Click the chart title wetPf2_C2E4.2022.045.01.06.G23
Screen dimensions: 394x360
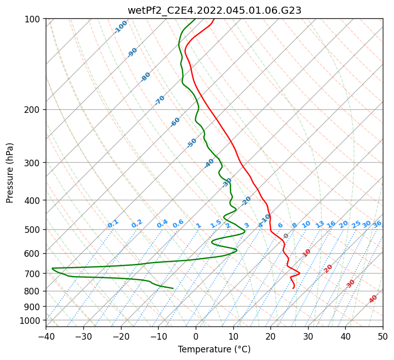(x=215, y=11)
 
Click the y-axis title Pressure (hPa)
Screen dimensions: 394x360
(x=10, y=173)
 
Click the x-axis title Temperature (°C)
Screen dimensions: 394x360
(x=215, y=349)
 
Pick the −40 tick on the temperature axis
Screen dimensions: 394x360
(x=46, y=336)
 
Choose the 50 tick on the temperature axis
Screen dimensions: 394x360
(x=383, y=336)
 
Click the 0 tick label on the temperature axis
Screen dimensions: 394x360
(x=196, y=336)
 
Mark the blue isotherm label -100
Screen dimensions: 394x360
(x=120, y=27)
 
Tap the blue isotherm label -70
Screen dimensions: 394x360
(x=160, y=100)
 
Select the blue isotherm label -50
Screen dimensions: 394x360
(x=192, y=143)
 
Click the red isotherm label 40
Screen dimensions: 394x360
(x=373, y=299)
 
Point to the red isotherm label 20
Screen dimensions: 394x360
(x=328, y=269)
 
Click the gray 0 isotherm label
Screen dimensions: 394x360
(x=286, y=236)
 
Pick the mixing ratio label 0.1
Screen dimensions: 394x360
(x=113, y=224)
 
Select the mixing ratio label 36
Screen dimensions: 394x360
(x=377, y=224)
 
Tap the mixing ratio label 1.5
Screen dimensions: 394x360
(x=216, y=224)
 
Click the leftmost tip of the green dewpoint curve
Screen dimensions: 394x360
(x=52, y=268)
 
